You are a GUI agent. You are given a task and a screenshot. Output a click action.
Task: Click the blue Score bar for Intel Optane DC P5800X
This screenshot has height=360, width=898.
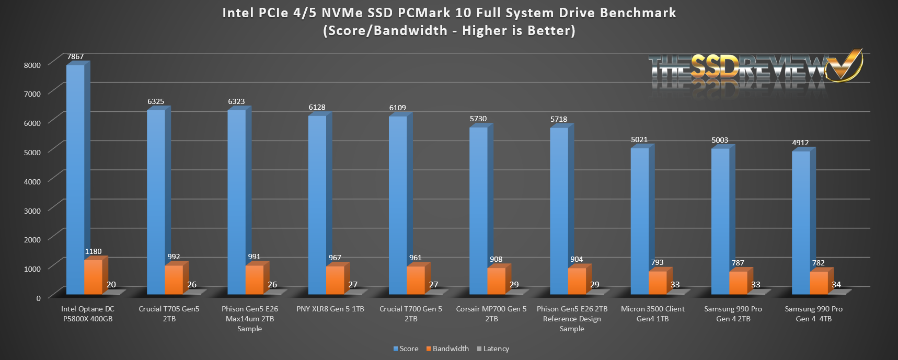pos(75,178)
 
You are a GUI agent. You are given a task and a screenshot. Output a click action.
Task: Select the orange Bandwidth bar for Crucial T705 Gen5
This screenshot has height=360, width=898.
pos(174,280)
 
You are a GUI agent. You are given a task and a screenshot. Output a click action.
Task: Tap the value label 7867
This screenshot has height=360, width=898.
pos(75,56)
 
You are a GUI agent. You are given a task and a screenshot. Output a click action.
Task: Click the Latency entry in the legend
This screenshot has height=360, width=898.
pos(493,349)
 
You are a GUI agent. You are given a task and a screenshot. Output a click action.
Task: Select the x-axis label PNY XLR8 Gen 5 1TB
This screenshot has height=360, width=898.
pos(330,309)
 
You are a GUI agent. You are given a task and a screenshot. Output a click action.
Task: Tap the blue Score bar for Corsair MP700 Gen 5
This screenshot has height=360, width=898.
pos(478,209)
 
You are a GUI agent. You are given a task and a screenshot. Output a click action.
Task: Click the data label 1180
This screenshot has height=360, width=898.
pos(93,251)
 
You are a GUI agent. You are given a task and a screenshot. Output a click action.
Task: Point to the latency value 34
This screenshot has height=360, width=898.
pos(836,285)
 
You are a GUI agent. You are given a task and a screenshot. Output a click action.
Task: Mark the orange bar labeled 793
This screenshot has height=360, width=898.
pos(657,282)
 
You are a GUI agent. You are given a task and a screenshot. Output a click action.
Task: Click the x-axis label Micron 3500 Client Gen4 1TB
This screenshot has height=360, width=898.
pos(653,313)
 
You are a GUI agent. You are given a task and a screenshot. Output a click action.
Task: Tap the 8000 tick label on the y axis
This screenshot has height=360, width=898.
pos(32,65)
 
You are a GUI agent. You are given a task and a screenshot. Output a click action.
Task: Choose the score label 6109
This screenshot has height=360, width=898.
pos(397,108)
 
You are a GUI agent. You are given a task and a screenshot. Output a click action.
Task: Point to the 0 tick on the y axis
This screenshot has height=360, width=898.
pos(38,298)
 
